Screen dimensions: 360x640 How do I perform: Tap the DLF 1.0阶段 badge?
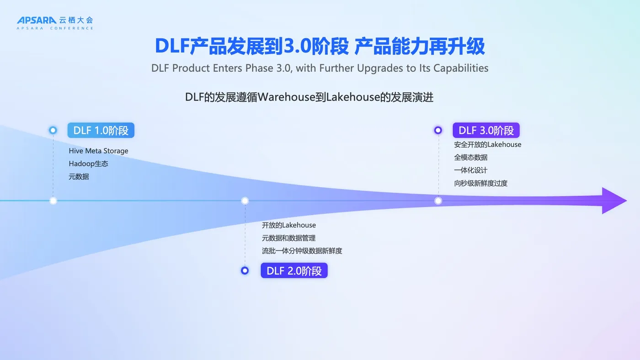pyautogui.click(x=101, y=130)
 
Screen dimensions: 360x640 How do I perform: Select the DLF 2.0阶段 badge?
pyautogui.click(x=294, y=270)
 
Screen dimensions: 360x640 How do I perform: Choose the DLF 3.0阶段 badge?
pyautogui.click(x=486, y=130)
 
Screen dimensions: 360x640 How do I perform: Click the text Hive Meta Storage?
pyautogui.click(x=98, y=151)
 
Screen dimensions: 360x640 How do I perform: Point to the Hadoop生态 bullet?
pyautogui.click(x=88, y=164)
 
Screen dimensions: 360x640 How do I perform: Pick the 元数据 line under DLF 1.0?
pyautogui.click(x=79, y=176)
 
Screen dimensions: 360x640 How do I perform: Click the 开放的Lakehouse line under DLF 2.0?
pyautogui.click(x=288, y=225)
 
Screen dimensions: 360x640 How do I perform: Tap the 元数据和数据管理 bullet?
pyautogui.click(x=288, y=238)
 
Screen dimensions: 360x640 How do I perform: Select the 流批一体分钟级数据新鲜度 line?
pyautogui.click(x=302, y=251)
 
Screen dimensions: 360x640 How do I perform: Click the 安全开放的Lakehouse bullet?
pyautogui.click(x=487, y=144)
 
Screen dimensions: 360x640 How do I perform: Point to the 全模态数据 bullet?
pyautogui.click(x=470, y=157)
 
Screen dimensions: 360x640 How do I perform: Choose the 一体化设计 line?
pyautogui.click(x=470, y=170)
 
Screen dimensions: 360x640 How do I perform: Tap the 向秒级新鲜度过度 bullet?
pyautogui.click(x=480, y=183)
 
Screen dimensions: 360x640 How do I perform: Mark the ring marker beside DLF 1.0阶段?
pyautogui.click(x=53, y=130)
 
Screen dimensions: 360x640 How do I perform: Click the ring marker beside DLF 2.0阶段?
pyautogui.click(x=245, y=270)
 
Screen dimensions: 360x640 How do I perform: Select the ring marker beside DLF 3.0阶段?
pyautogui.click(x=438, y=130)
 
